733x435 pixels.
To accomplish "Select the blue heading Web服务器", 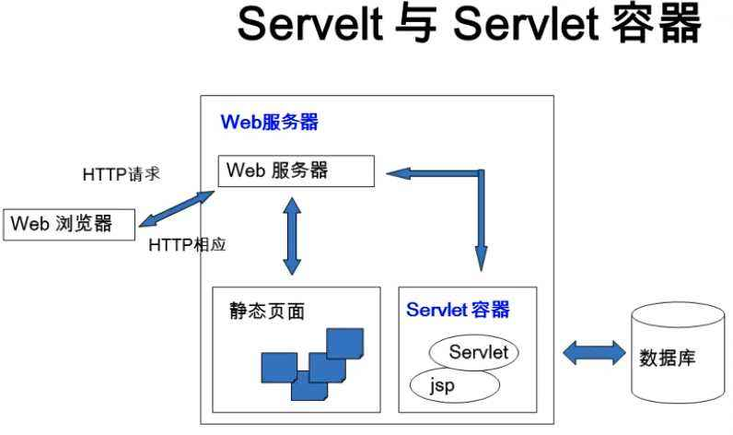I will pos(270,122).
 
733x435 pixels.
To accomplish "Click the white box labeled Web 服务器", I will pos(296,170).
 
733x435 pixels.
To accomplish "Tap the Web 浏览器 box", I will pos(70,223).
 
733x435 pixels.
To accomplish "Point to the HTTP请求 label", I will pos(122,174).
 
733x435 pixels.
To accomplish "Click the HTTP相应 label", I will pos(187,245).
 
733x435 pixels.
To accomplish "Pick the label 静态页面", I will pos(267,312).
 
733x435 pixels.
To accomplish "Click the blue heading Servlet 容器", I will pos(458,309).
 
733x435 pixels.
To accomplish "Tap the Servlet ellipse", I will pos(474,352).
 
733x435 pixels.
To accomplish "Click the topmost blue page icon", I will pos(344,343).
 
